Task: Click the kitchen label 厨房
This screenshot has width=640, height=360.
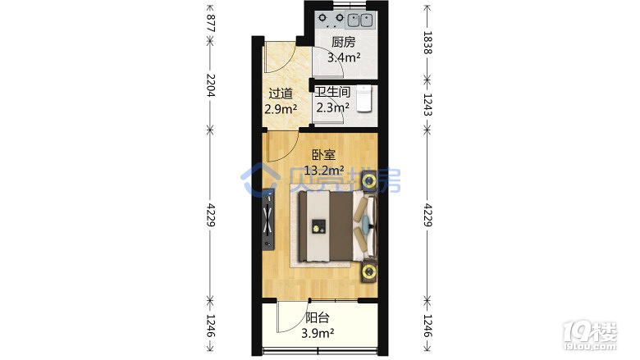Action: [343, 42]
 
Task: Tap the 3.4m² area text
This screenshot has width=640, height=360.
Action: [344, 57]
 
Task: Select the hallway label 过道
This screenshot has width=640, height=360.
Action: [281, 93]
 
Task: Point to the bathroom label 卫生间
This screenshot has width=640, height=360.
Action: [332, 92]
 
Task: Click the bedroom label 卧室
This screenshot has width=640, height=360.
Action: [323, 155]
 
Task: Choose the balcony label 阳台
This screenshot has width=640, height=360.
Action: [318, 317]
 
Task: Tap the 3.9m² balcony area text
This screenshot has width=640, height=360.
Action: [318, 333]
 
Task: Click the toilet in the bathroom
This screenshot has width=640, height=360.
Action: [364, 98]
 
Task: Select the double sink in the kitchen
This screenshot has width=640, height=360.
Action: [360, 20]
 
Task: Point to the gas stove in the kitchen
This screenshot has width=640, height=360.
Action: [331, 19]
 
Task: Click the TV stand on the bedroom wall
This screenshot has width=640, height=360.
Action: [268, 220]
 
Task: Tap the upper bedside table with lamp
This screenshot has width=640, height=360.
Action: [369, 180]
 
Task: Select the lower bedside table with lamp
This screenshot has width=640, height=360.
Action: [369, 271]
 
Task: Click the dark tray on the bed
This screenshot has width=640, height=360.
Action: [319, 226]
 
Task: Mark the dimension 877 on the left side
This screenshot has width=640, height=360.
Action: [210, 23]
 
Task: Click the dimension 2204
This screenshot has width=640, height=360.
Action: [210, 85]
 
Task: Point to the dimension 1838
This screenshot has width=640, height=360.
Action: [427, 43]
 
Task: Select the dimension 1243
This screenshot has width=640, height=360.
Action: [427, 105]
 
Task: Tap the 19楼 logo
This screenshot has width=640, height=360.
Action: [590, 336]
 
